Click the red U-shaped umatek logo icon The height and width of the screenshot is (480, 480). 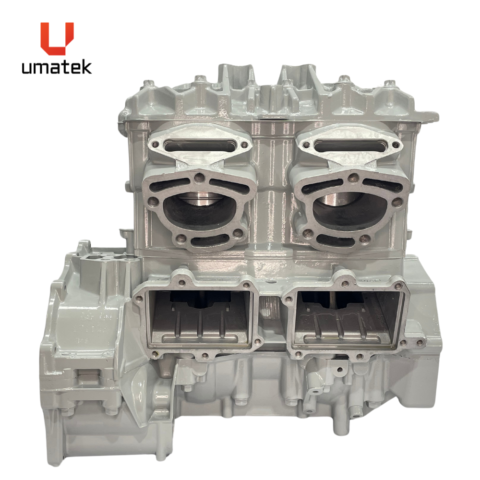(57, 38)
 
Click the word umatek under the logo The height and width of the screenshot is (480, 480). (57, 67)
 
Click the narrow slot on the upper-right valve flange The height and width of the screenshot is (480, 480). (350, 144)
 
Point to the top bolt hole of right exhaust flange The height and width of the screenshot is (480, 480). (353, 176)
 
